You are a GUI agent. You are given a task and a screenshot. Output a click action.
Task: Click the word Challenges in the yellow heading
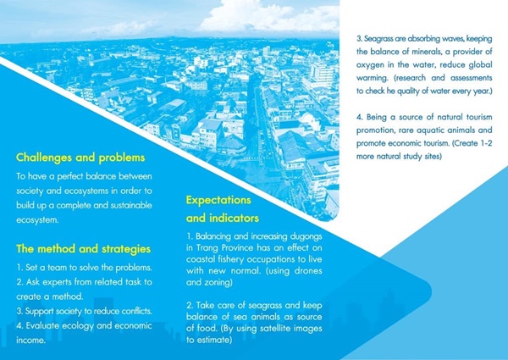(44, 158)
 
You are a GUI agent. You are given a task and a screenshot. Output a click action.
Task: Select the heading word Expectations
(218, 200)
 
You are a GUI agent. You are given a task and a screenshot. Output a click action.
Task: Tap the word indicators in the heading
(235, 218)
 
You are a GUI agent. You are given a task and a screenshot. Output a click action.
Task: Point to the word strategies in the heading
(126, 249)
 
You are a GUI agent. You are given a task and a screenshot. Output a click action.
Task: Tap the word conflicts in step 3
(136, 311)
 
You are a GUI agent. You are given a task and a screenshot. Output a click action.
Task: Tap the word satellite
(275, 329)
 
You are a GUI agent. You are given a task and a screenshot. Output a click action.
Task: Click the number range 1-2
(485, 143)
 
